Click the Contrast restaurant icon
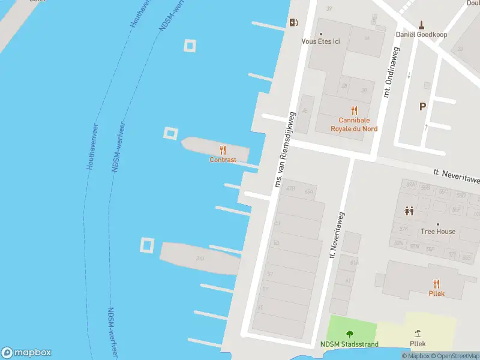tap(223, 150)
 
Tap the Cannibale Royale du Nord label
tap(354, 124)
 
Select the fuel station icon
tap(293, 23)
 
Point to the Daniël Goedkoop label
tap(422, 34)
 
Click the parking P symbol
tap(422, 107)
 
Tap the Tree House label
tap(437, 232)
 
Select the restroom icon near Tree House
tap(409, 211)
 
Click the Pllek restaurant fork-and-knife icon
tap(436, 284)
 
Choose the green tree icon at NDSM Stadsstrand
tap(350, 334)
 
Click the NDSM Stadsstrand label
tap(349, 344)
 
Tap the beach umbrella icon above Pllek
tap(418, 334)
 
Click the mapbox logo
tap(26, 353)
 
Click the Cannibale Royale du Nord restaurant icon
tap(354, 110)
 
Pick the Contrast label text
tap(223, 160)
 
